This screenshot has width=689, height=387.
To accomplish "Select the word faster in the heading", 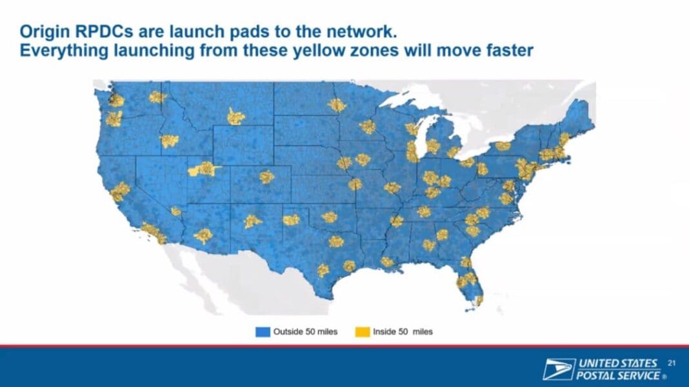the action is pyautogui.click(x=510, y=50).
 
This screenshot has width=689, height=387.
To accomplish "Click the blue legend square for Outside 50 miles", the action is pyautogui.click(x=263, y=332).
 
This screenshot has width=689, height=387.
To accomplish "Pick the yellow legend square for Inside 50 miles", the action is pyautogui.click(x=363, y=332).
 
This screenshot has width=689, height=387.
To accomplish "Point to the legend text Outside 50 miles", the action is pyautogui.click(x=305, y=332).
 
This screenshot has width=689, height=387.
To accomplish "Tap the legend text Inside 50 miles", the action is pyautogui.click(x=403, y=332).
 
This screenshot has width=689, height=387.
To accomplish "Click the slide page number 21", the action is pyautogui.click(x=672, y=363).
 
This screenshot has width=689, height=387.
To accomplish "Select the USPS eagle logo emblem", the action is pyautogui.click(x=558, y=369).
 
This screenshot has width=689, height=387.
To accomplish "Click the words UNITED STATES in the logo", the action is pyautogui.click(x=618, y=363).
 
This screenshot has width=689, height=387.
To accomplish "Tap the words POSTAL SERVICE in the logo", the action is pyautogui.click(x=618, y=375).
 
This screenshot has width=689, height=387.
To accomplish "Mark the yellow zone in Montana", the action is pyautogui.click(x=235, y=117).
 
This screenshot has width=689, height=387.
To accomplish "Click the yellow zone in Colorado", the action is pyautogui.click(x=266, y=177).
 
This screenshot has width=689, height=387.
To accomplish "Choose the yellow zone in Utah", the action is pyautogui.click(x=204, y=169).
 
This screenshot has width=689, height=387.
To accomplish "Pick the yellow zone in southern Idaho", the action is pyautogui.click(x=169, y=141).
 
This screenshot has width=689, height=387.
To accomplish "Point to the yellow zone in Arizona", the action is pyautogui.click(x=203, y=236).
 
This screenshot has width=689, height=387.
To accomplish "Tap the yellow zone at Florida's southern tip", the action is pyautogui.click(x=479, y=301).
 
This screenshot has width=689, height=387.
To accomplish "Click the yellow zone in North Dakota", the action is pyautogui.click(x=337, y=105).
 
